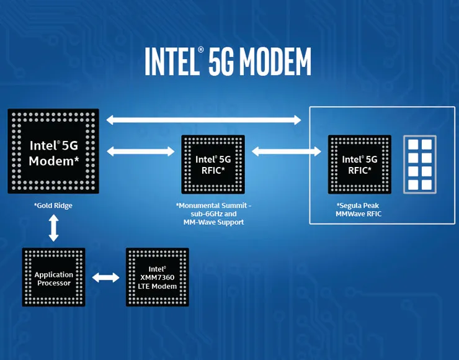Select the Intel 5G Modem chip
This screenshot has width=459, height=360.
[53, 151]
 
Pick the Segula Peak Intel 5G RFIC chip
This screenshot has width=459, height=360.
[360, 164]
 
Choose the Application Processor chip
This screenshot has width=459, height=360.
[53, 277]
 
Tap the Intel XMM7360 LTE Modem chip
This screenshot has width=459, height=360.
[158, 277]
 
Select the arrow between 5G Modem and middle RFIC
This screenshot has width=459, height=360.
[140, 151]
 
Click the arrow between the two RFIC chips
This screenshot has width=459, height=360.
[286, 151]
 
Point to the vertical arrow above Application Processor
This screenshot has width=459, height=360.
[53, 228]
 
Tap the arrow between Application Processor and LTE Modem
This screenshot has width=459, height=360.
[105, 277]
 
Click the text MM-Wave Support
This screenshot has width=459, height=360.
[213, 222]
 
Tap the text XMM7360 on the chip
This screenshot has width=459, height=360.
[158, 277]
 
